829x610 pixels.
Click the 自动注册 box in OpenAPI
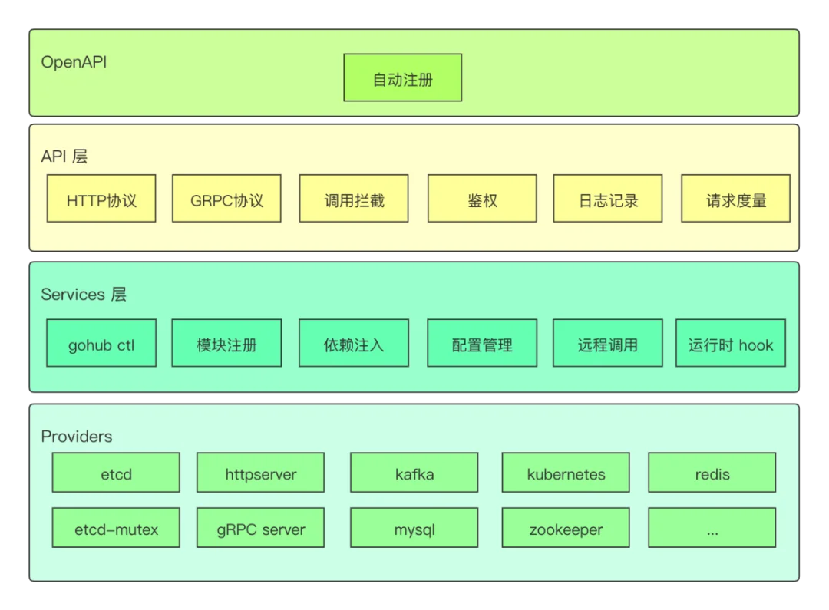[402, 77]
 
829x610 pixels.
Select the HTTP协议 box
[101, 198]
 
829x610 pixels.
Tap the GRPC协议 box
[226, 198]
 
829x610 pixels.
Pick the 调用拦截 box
[354, 198]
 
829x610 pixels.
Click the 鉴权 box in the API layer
[482, 198]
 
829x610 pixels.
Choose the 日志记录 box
[608, 198]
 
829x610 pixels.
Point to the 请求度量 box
[735, 198]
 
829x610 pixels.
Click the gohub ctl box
[101, 342]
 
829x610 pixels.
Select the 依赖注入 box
[354, 342]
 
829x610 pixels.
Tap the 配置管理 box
[482, 342]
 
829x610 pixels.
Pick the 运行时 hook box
[731, 342]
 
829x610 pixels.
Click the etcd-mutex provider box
[116, 528]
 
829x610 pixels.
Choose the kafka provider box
[414, 472]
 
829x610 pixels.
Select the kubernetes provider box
[566, 472]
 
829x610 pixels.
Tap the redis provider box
[712, 472]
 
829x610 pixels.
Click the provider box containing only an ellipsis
[712, 528]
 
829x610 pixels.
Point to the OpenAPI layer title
[74, 62]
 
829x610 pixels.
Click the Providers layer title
[77, 436]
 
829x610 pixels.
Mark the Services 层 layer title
[84, 294]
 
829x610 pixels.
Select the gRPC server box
[261, 528]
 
